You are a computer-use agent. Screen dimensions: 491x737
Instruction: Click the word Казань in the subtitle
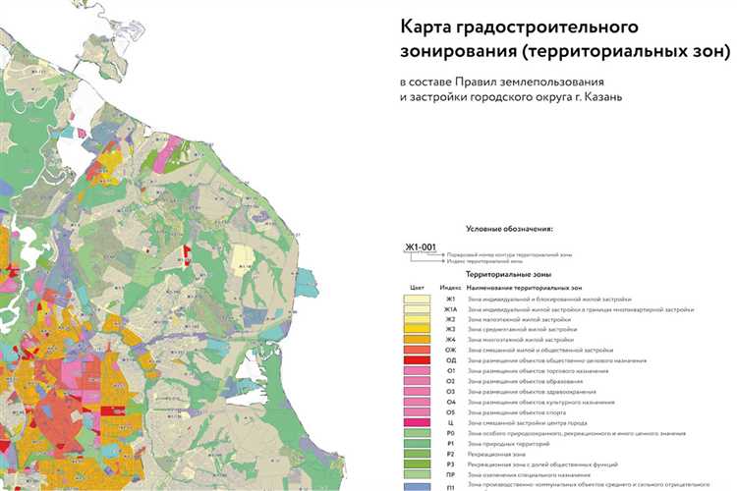tap(594, 97)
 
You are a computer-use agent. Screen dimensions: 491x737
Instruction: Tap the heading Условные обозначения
tap(510, 228)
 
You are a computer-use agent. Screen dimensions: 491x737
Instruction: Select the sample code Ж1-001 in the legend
tap(420, 247)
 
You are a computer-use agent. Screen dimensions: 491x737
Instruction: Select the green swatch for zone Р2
tap(418, 454)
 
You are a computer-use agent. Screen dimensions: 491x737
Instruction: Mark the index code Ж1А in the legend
tap(451, 308)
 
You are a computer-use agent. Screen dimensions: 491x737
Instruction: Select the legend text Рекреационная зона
tap(497, 454)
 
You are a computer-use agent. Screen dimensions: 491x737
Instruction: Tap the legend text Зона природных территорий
tap(507, 443)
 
